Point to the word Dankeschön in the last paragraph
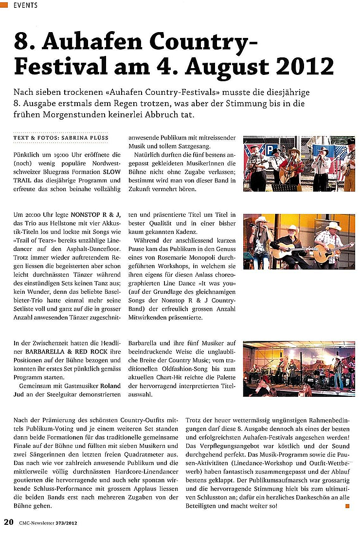(x=293, y=497)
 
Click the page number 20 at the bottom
(x=8, y=522)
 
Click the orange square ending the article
(x=347, y=506)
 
